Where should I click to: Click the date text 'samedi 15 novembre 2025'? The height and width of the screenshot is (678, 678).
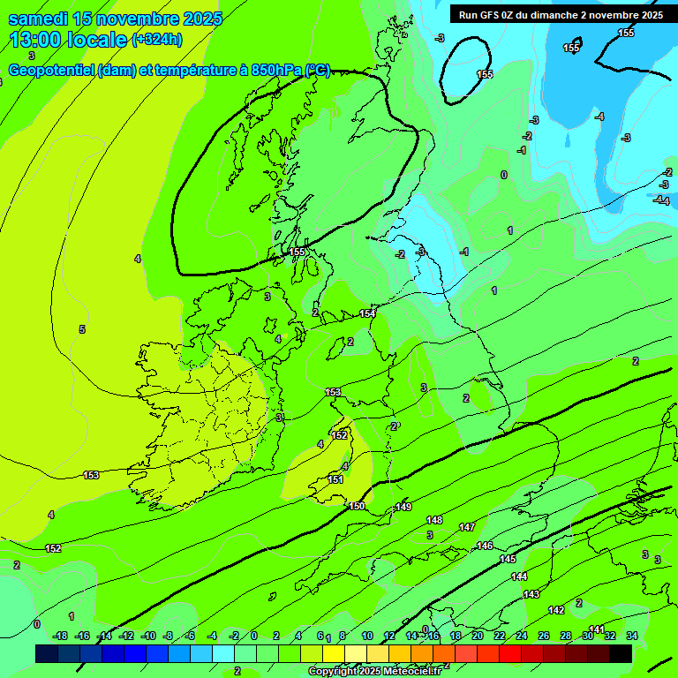tap(115, 19)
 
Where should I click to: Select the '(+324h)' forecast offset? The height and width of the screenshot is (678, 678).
tap(156, 39)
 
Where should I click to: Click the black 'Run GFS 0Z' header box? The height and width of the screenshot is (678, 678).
tap(558, 14)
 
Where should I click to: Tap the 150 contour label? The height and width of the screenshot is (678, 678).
tap(357, 506)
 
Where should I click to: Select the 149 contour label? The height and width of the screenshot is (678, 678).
tap(403, 507)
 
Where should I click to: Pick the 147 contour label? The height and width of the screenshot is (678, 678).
tap(466, 527)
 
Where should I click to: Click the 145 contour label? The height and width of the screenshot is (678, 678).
tap(508, 559)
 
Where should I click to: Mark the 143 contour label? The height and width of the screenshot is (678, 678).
tap(531, 594)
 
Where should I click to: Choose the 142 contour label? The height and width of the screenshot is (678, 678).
tap(556, 610)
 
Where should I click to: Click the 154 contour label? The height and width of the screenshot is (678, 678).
tap(367, 313)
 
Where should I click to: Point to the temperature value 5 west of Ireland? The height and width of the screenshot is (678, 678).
tap(82, 329)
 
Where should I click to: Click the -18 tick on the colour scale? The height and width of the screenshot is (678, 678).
tap(60, 636)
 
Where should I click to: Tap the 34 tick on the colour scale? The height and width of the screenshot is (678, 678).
tap(632, 636)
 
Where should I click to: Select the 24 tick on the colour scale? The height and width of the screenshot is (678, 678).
tap(521, 636)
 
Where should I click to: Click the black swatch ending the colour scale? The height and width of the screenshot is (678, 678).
tap(621, 653)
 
